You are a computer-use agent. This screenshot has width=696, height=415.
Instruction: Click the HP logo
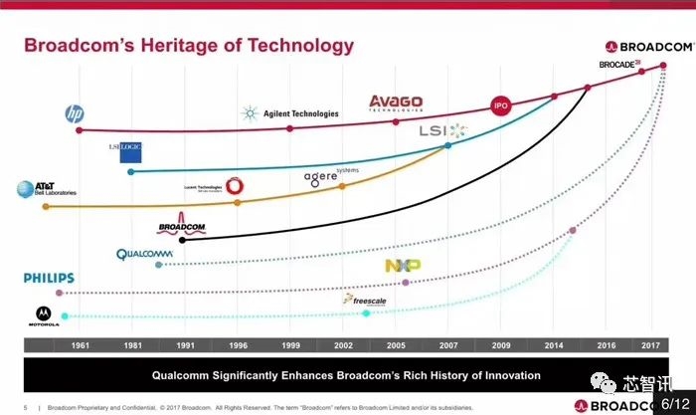(73, 114)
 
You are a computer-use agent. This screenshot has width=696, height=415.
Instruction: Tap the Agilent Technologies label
(289, 113)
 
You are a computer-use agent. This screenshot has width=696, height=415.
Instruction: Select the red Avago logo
(396, 103)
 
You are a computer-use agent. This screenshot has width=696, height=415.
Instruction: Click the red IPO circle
(502, 106)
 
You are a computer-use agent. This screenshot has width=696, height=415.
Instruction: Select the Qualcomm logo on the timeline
(145, 254)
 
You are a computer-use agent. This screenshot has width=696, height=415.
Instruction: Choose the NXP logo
(403, 266)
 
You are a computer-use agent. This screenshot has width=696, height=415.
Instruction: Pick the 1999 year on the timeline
(289, 345)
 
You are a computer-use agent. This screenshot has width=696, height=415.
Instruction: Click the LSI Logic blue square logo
(131, 151)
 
